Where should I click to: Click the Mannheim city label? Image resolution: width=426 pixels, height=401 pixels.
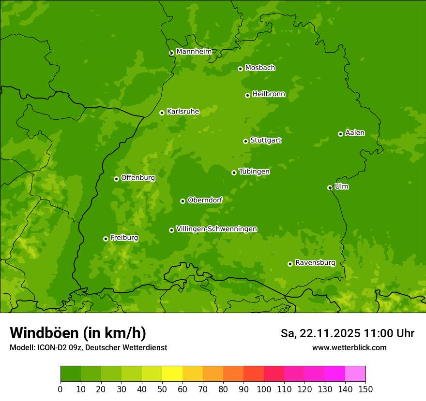(194, 52)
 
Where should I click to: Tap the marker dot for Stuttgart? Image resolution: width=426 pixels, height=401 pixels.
(246, 141)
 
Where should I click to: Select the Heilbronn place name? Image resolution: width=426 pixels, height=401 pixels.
(269, 94)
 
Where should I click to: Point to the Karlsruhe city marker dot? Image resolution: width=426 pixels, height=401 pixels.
(162, 113)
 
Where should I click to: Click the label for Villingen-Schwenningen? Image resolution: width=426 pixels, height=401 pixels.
(216, 229)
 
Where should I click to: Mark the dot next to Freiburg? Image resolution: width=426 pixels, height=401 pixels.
(106, 239)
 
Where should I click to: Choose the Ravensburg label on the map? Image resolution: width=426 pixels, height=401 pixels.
(315, 263)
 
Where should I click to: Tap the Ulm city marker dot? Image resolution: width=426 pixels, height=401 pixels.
(330, 187)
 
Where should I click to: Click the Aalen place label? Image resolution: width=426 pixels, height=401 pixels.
(355, 133)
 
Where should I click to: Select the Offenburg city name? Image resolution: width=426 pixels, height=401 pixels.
(138, 178)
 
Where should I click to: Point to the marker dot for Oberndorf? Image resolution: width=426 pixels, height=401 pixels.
(183, 201)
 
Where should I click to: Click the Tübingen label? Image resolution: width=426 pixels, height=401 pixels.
(254, 172)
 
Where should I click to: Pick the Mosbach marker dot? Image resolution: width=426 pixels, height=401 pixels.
(240, 69)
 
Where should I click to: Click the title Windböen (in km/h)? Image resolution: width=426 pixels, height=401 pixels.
(78, 333)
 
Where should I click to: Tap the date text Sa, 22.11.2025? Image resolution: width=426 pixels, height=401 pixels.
(320, 333)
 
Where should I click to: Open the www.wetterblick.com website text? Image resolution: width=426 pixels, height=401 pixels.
(349, 347)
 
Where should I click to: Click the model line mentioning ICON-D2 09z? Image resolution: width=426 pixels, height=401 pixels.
(88, 347)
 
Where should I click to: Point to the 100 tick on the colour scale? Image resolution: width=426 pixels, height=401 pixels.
(264, 389)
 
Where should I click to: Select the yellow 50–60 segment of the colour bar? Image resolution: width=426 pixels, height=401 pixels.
(172, 374)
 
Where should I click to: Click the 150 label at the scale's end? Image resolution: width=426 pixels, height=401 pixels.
(365, 389)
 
